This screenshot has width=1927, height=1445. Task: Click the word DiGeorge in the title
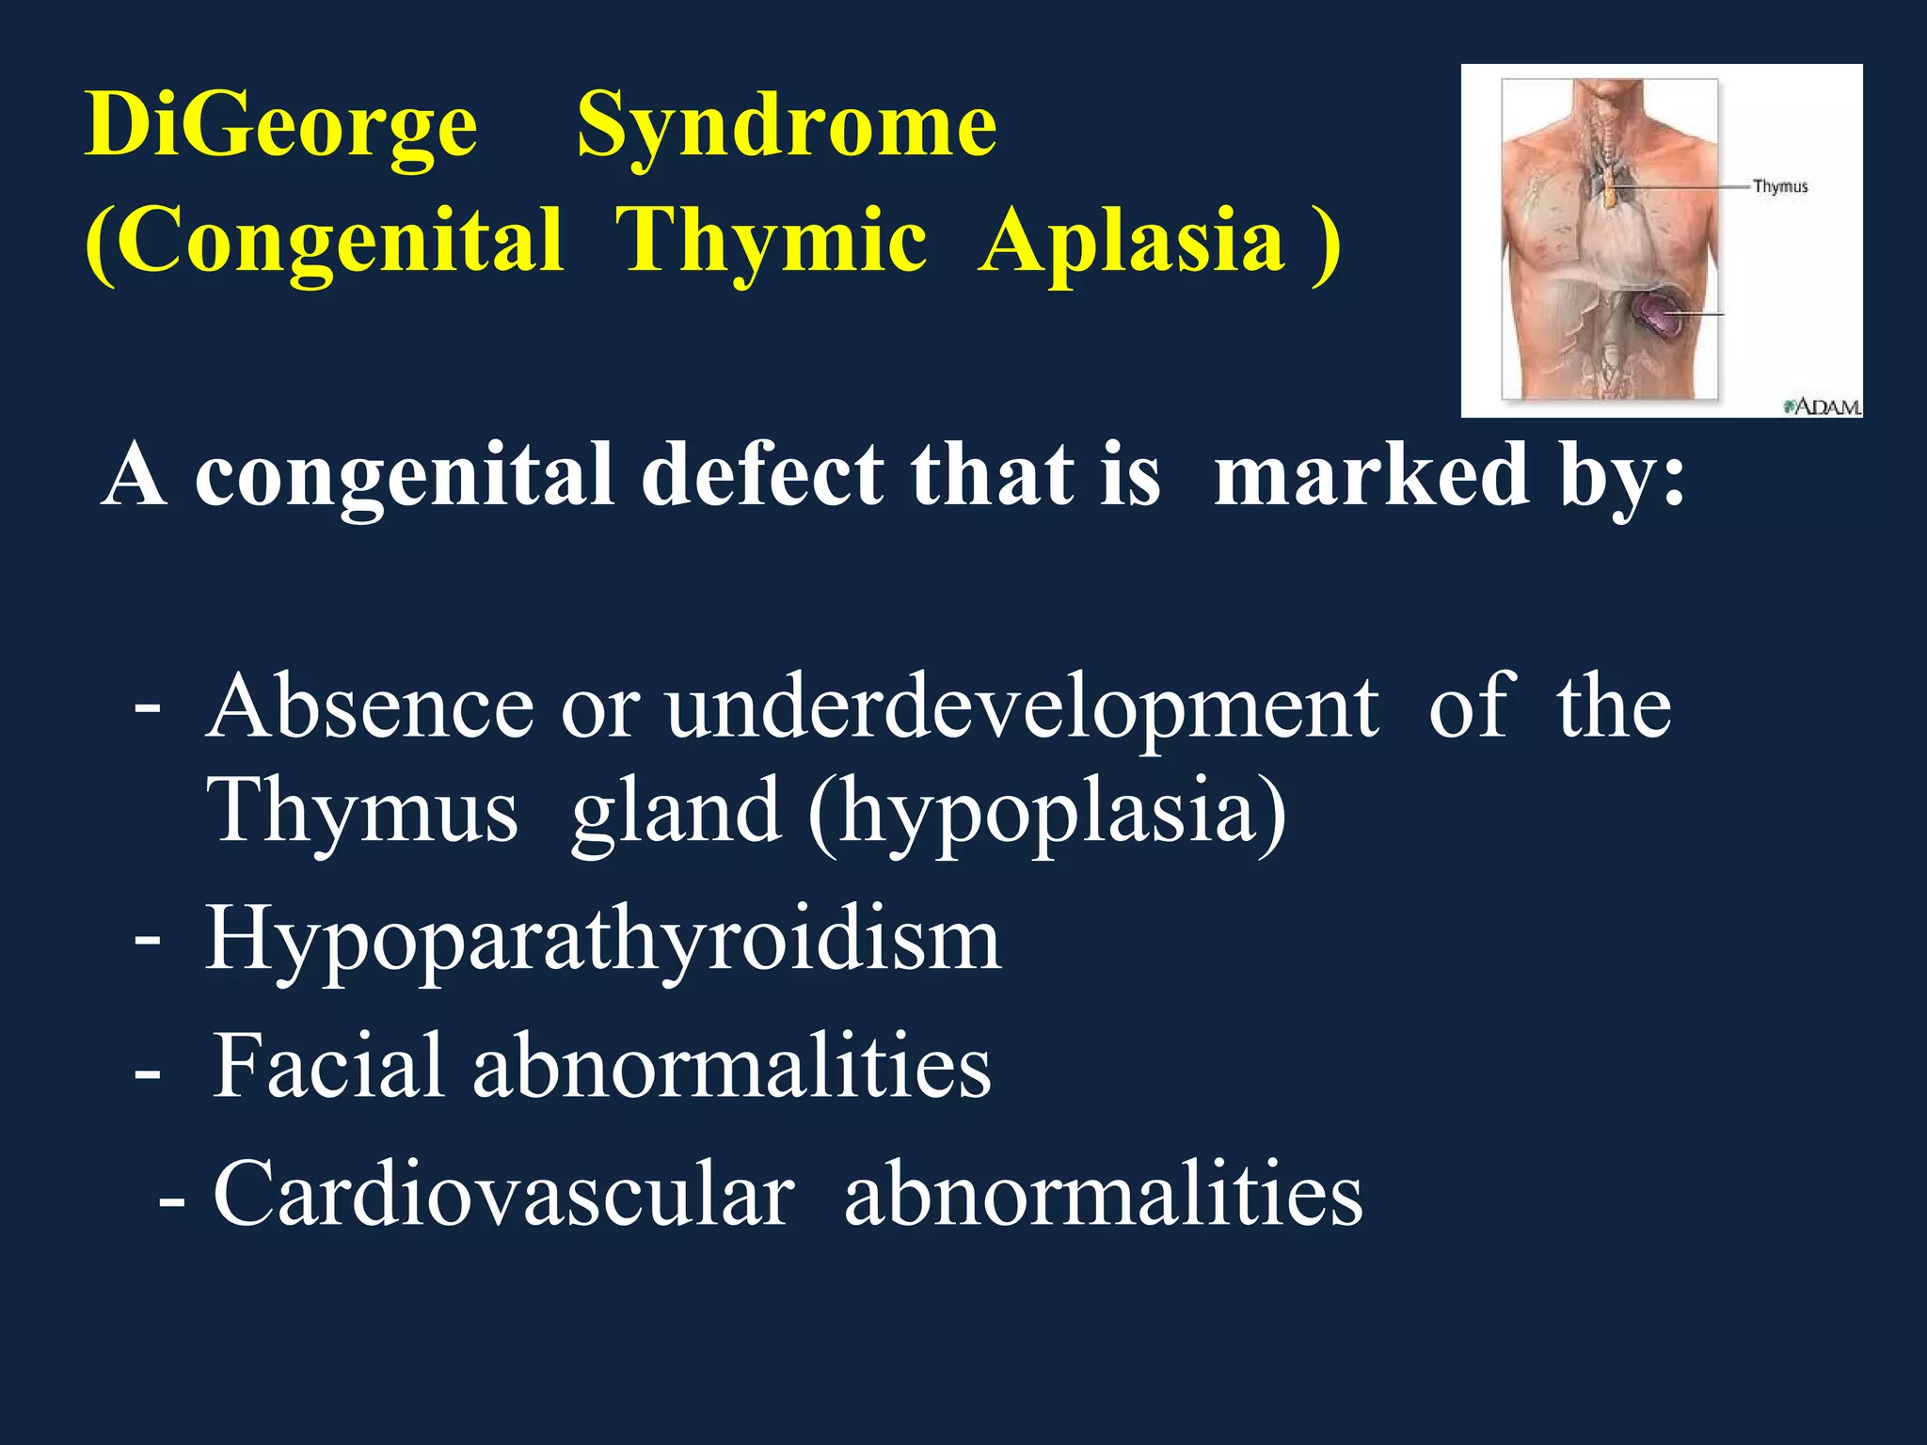point(280,126)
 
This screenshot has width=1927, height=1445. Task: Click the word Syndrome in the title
point(786,126)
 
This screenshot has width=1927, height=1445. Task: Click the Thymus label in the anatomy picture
point(1779,186)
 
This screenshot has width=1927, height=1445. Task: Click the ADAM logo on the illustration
point(1823,406)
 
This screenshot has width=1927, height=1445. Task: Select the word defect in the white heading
point(762,475)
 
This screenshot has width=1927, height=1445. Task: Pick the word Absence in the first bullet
point(370,707)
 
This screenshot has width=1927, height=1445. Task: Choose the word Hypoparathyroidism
point(603,942)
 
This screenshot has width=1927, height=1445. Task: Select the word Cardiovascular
point(503,1194)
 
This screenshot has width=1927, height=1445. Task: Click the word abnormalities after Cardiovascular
point(1103,1194)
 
